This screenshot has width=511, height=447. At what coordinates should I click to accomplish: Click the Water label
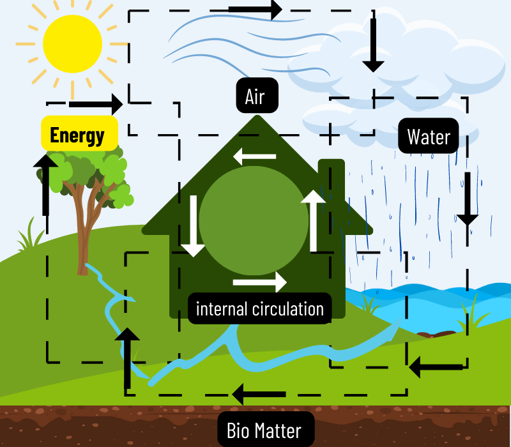coord(428,136)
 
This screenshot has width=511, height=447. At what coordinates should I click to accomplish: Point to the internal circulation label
coord(260,309)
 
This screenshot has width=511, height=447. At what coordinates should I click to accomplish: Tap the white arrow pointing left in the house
coord(254,156)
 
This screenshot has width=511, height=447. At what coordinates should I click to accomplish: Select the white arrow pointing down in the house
coord(192,225)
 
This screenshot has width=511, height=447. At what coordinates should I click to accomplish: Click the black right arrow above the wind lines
coord(256,9)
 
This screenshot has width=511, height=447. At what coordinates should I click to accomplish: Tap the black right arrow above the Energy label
coord(96,103)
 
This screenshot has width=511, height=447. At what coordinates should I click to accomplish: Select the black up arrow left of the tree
coord(45,184)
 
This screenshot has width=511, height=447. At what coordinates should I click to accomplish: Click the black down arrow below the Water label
coord(468,198)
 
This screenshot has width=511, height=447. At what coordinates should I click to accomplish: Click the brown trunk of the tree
coord(82,236)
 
